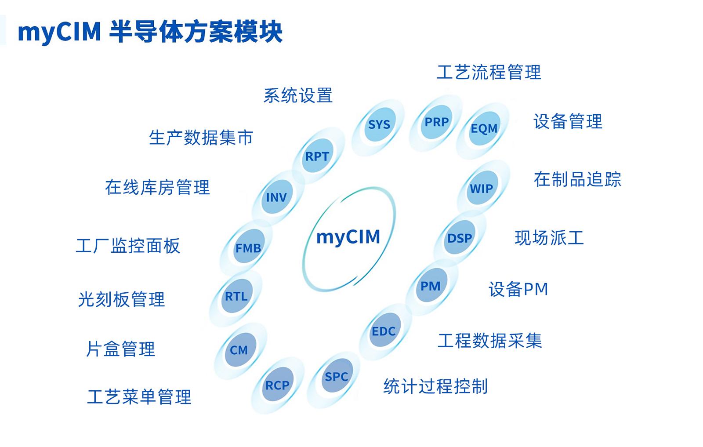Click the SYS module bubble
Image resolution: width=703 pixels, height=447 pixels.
pos(379,125)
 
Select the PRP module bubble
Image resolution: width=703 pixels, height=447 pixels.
pos(437,122)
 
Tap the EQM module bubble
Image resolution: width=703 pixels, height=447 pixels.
pos(484,128)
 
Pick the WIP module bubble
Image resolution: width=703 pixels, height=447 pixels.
pos(482,189)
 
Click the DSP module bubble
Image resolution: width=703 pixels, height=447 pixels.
pos(460,238)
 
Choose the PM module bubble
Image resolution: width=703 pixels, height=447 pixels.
pos(431,286)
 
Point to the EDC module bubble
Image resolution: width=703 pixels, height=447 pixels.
pos(384,331)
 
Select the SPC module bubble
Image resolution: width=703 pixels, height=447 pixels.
pos(336,377)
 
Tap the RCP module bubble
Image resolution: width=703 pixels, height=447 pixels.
pos(277,385)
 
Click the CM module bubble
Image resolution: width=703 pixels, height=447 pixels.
pos(239,350)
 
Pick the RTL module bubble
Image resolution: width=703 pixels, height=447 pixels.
pos(236,297)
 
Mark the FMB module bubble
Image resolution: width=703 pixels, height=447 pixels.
pos(248,248)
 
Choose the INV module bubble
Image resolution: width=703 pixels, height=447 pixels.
pos(276,197)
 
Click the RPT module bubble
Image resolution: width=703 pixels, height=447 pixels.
pos(317,156)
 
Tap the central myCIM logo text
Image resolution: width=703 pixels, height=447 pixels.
pos(348,237)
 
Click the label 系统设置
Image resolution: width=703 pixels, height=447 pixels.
pos(298,96)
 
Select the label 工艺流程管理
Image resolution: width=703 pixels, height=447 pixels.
pos(489,73)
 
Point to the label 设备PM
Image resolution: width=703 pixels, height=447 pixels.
pos(518,290)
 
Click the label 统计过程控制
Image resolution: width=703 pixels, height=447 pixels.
pos(435,386)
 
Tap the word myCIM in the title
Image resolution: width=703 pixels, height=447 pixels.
pos(59,32)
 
